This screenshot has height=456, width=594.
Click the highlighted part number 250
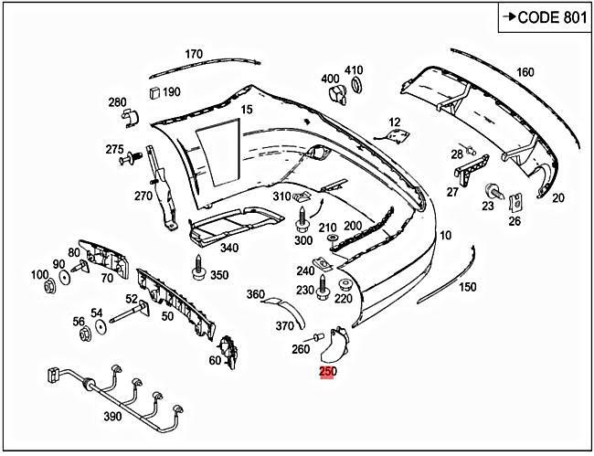[x=327, y=372]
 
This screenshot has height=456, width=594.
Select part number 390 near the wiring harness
[x=111, y=417]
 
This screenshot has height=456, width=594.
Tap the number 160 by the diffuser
[x=525, y=72]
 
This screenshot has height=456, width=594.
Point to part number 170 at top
[x=194, y=54]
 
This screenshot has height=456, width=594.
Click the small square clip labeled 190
[x=153, y=91]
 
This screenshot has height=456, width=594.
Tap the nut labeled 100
[x=51, y=287]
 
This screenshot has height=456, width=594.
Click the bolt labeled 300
[x=302, y=220]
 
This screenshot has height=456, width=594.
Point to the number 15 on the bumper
[x=246, y=110]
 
